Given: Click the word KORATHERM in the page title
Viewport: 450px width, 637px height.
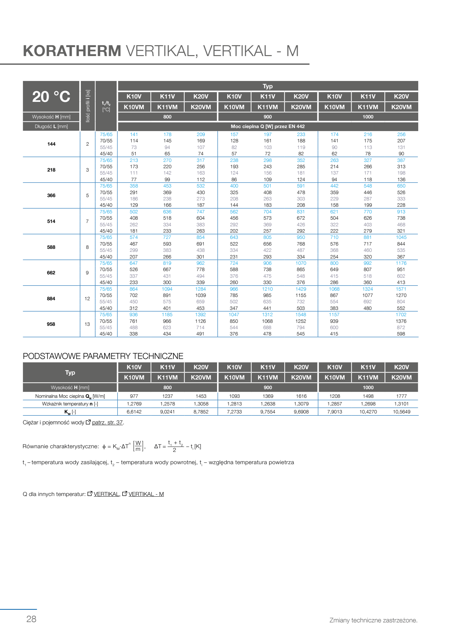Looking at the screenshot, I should [x=72, y=51].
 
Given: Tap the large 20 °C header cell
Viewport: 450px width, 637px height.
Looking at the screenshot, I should [x=51, y=97].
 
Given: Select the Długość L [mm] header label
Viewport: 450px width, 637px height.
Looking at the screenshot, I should [x=51, y=126].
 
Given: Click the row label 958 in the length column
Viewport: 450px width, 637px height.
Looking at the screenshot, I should [x=51, y=324].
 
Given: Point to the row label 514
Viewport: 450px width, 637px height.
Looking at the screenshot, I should [x=51, y=221].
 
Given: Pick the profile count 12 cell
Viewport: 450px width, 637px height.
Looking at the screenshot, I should [x=87, y=299].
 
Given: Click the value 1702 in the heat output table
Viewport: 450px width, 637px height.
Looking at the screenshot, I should [x=401, y=315].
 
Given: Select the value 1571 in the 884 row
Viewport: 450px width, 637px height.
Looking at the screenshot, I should [x=401, y=289].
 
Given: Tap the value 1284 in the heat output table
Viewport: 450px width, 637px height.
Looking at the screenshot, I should [x=200, y=289].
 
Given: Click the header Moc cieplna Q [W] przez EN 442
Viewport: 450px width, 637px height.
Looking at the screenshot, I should [x=267, y=126].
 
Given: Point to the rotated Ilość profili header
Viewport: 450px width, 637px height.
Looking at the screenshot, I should [x=88, y=106].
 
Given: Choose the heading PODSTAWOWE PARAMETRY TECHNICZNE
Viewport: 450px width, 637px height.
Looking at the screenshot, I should [x=103, y=356].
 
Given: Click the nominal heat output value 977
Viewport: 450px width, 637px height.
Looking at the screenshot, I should [x=134, y=396].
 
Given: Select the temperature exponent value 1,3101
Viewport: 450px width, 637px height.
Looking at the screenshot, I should [x=401, y=404].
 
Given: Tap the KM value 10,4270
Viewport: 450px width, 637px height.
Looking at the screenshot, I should [x=368, y=412].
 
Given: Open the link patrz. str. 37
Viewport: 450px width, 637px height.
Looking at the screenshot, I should [x=107, y=422].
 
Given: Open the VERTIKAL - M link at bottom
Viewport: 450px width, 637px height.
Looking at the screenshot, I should [x=146, y=494].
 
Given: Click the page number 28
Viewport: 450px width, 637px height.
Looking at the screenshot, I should [x=31, y=619].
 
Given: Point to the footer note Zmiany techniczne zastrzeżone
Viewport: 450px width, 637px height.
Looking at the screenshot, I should [x=373, y=620].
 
